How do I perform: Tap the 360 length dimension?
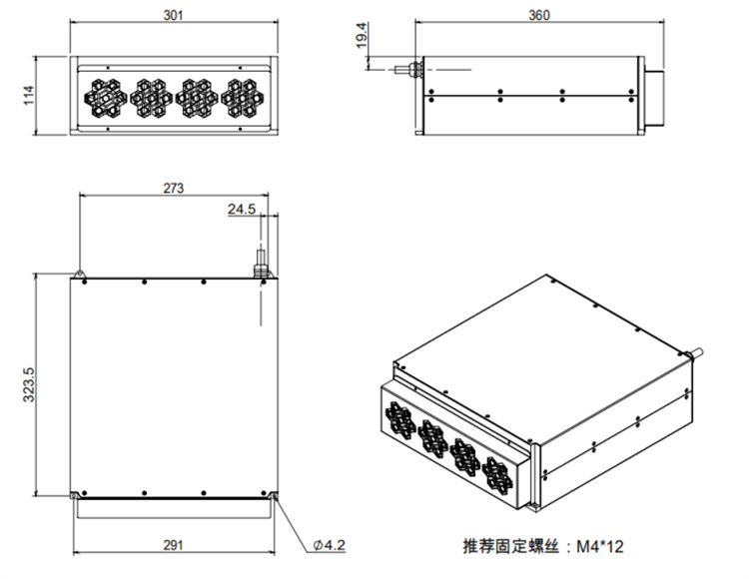pos(538,17)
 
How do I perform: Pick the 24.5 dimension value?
pos(242,209)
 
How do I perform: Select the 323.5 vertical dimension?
pos(28,384)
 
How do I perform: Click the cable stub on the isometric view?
pos(698,351)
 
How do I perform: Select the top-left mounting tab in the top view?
pos(77,273)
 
